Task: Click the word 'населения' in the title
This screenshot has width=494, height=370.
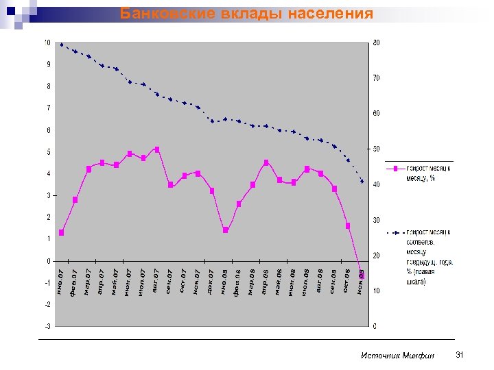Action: pos(331,13)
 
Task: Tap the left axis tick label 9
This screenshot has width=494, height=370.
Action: pos(48,64)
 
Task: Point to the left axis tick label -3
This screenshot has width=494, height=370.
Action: pos(47,326)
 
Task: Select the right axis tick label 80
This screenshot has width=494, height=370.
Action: pos(377,42)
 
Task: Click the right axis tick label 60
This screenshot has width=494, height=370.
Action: pos(377,114)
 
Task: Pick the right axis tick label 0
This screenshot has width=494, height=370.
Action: pos(375,326)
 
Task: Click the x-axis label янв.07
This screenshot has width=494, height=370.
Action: pos(61,283)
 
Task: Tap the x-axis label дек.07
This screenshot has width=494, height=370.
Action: pos(211,283)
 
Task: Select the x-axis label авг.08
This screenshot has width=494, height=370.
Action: pos(320,282)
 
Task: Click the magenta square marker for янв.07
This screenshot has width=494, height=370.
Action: pos(62,233)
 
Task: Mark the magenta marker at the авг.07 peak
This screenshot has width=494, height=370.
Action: pos(157,149)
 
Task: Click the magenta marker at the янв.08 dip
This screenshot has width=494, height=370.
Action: pos(226,230)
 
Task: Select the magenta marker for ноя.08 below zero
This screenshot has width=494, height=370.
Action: pos(362,275)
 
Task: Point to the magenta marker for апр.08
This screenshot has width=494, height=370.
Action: pos(266,162)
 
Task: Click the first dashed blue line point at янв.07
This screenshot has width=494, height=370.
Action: pos(62,45)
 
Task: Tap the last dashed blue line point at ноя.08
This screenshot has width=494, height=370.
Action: pos(362,181)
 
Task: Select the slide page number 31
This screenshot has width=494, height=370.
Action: pos(460,354)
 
